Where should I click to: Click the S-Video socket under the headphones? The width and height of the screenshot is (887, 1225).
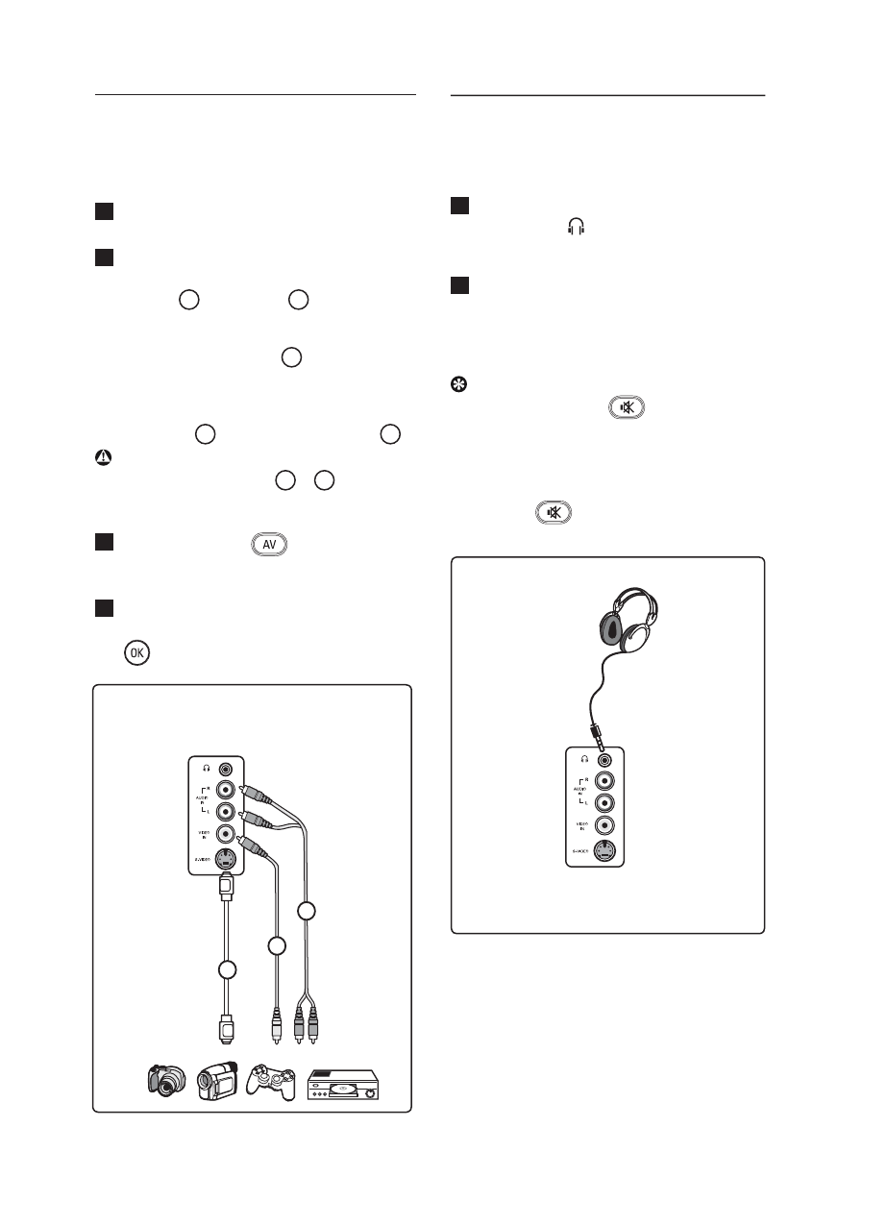(x=604, y=848)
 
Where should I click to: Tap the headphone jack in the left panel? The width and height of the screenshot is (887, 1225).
(x=225, y=769)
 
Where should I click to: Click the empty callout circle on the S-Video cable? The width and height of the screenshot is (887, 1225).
(x=227, y=969)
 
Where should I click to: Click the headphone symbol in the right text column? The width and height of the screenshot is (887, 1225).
(x=577, y=227)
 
